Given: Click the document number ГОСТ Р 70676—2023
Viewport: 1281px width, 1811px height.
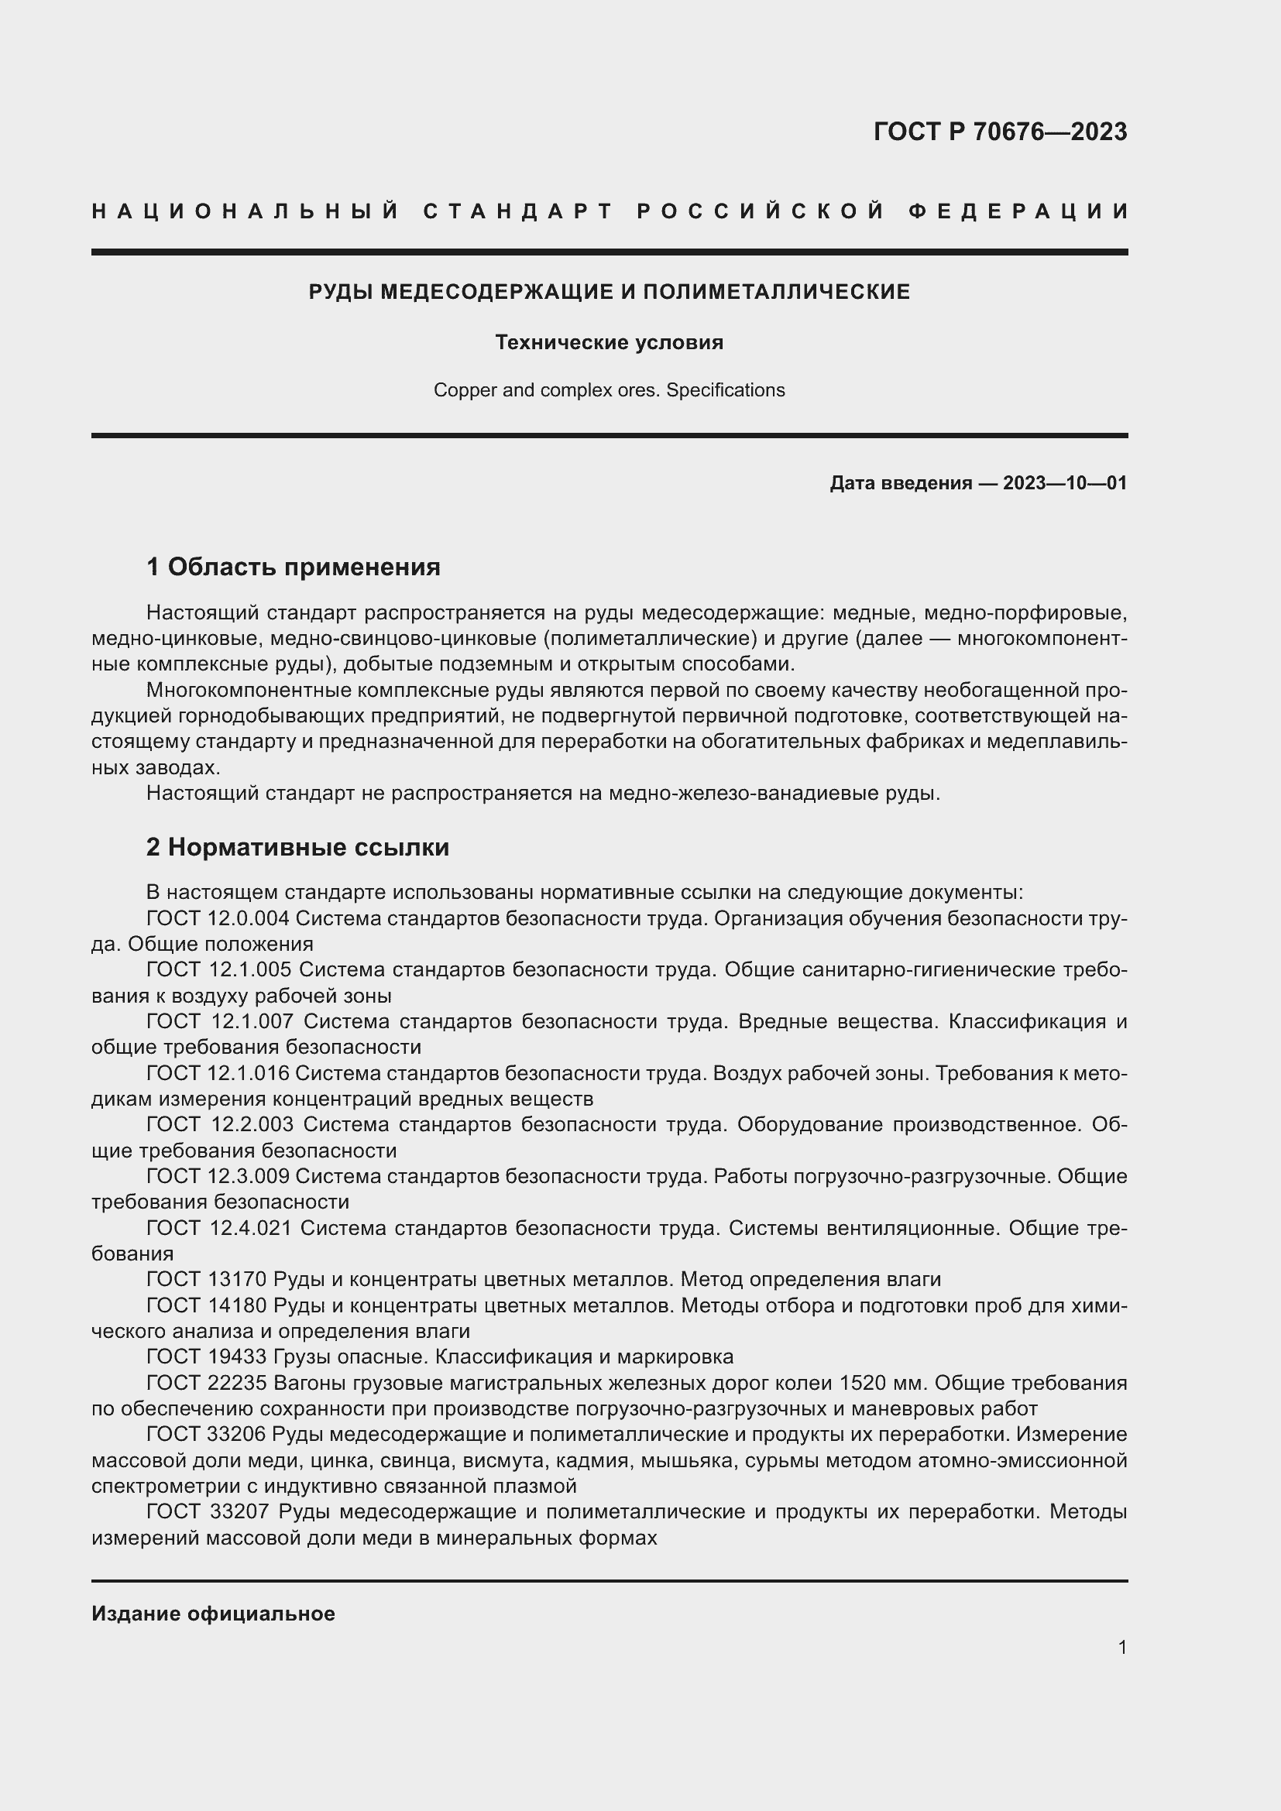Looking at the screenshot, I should point(1000,132).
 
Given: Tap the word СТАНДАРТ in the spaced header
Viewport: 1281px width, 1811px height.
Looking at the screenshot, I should point(518,211).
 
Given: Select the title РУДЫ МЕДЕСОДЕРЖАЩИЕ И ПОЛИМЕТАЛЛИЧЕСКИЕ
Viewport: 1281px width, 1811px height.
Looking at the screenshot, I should point(609,292).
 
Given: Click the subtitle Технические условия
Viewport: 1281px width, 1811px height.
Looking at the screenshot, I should point(609,342).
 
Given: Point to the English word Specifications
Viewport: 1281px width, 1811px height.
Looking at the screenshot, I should point(726,390).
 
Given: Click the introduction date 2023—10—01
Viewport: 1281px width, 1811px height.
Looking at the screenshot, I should point(1065,482).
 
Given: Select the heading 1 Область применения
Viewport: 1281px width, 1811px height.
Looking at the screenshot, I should point(294,566).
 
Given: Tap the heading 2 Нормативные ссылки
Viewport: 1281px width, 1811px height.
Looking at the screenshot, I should point(297,847).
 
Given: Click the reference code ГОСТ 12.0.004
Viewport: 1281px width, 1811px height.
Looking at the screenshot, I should point(218,918).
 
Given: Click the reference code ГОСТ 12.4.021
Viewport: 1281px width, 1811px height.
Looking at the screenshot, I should point(219,1228).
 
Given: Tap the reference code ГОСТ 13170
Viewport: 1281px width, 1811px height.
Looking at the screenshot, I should point(207,1279).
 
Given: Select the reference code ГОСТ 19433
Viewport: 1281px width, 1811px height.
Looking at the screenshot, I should point(207,1357).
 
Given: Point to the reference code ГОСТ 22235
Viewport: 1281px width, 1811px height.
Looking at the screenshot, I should point(207,1384).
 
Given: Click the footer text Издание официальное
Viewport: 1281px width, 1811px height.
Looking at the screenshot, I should point(213,1614).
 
